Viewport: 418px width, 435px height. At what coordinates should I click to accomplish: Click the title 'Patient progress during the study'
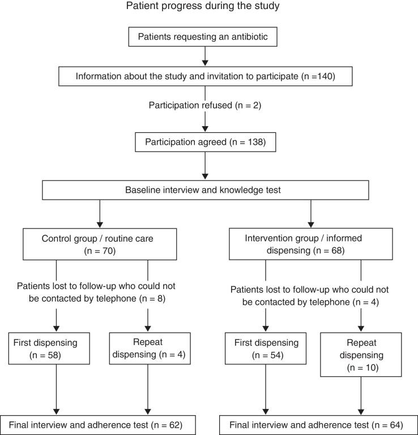coord(208,8)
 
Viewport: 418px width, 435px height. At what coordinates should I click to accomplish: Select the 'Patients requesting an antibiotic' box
coord(204,38)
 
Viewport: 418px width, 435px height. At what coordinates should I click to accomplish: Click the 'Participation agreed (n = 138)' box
coord(204,141)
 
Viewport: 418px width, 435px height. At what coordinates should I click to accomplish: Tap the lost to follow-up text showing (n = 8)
coord(100,292)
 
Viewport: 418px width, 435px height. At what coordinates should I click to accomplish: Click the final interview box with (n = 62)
coord(100,423)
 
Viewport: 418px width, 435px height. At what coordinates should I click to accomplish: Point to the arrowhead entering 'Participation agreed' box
coord(204,128)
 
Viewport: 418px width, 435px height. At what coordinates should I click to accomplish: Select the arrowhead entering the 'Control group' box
coord(100,225)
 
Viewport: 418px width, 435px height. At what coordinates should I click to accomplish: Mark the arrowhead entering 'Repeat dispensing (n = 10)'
coord(360,328)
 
